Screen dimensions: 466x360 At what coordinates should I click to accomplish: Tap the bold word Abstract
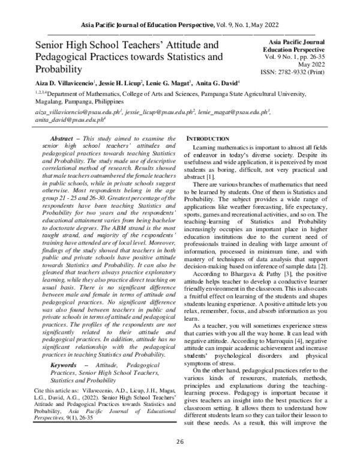[x=61, y=138]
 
